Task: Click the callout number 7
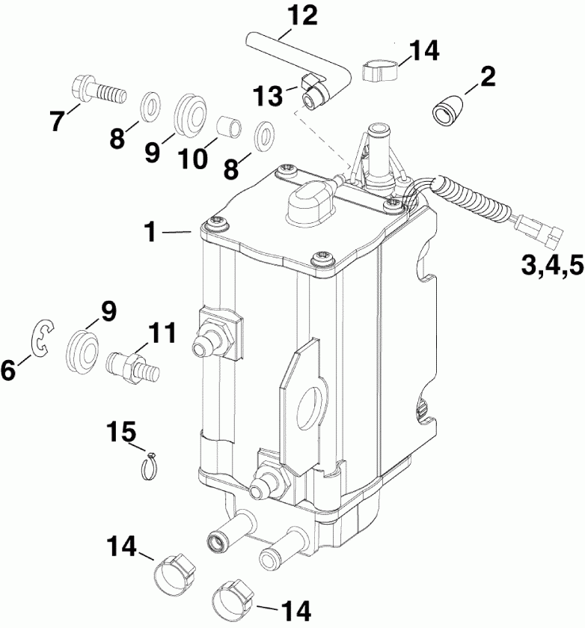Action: [x=58, y=121]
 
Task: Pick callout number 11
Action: [x=164, y=332]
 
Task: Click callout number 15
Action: [x=121, y=432]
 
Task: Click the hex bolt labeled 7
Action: [x=97, y=91]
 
